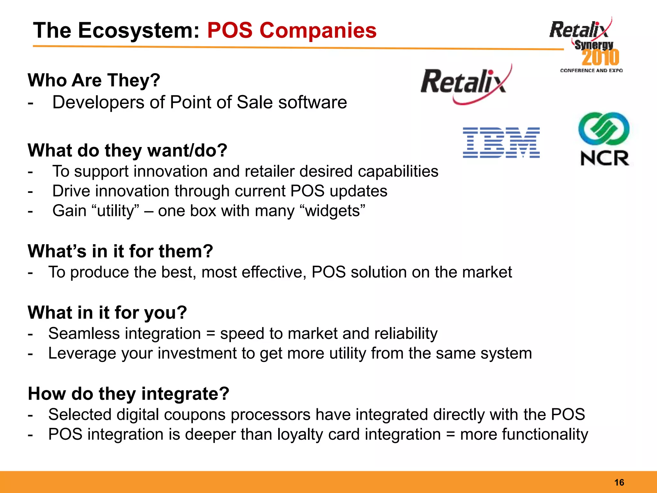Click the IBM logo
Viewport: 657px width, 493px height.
[x=501, y=143]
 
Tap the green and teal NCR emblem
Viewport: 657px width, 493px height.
[x=604, y=129]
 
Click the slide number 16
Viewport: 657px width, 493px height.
[x=619, y=482]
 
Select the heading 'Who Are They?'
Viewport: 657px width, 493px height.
[x=94, y=80]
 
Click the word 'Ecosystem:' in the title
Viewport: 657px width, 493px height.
[x=139, y=31]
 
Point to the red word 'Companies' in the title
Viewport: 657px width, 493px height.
[x=318, y=31]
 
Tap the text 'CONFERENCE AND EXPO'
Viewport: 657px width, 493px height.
[x=591, y=71]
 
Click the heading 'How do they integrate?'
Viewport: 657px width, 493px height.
[x=129, y=394]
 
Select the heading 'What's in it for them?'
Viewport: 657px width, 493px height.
[x=120, y=251]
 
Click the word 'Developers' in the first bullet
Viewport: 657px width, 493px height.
[x=98, y=103]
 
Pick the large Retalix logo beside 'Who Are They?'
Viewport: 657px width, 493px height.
[x=465, y=83]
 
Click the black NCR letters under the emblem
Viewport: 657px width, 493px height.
[x=605, y=158]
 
